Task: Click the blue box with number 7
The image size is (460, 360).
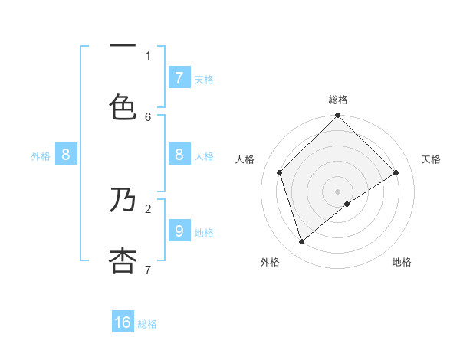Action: tap(179, 77)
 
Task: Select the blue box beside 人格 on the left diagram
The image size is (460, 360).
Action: tap(179, 154)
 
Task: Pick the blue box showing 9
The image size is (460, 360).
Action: tap(179, 230)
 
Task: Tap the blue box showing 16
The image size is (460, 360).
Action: tap(123, 322)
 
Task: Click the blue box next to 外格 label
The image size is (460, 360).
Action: tap(66, 154)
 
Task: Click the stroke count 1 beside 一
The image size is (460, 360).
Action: tap(148, 55)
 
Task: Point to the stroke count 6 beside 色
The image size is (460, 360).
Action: tap(148, 116)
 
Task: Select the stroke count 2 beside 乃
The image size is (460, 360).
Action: tap(148, 208)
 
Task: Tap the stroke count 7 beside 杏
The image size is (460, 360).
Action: tap(148, 269)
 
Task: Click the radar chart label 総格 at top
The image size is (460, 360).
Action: tap(338, 100)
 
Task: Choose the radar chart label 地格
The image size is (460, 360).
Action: tap(402, 262)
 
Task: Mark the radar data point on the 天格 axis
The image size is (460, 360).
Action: tap(396, 172)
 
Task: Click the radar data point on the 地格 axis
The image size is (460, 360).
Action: tap(347, 204)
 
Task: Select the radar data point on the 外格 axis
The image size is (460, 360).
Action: tap(301, 241)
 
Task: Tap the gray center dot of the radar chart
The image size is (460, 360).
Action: tap(338, 191)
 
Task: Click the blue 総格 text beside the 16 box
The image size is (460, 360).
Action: tap(147, 324)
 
